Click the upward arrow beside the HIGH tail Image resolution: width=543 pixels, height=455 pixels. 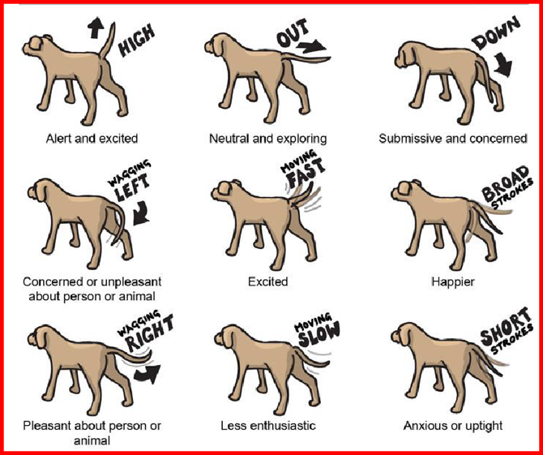pos(96,28)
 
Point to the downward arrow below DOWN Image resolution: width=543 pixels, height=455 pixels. pos(503,64)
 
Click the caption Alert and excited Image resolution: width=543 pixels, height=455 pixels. pos(92,139)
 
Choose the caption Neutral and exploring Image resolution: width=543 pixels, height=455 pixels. pos(268,139)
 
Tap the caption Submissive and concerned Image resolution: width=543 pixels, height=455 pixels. pos(452,139)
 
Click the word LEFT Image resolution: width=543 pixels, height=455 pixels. pos(133,187)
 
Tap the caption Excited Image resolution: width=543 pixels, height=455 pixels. pos(267,281)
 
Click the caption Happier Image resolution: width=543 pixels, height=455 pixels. pos(452,281)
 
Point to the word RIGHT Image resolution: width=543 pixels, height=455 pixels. pos(150,333)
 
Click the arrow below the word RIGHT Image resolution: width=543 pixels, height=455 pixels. pos(148,374)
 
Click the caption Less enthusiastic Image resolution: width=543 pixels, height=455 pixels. pos(268,425)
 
